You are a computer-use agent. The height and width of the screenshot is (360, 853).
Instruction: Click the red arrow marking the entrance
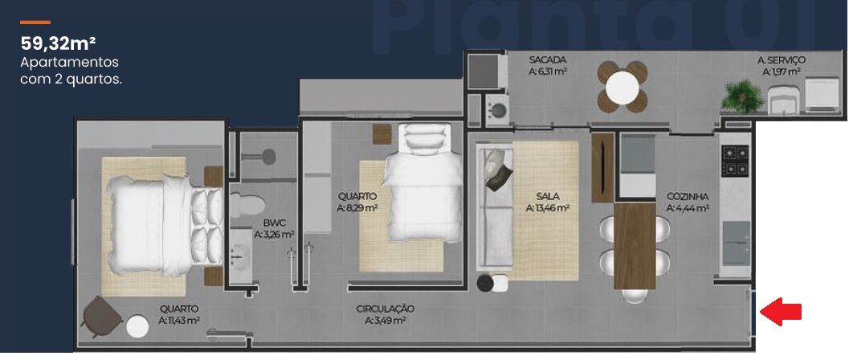[781, 312]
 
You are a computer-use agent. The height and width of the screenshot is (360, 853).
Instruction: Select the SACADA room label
[548, 60]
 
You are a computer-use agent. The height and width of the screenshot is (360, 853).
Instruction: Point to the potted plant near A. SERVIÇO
[741, 96]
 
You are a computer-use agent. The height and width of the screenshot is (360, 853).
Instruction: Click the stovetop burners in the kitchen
[735, 160]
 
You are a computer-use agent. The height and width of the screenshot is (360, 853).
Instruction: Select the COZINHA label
[687, 196]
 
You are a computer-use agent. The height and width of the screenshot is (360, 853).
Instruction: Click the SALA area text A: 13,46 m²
[548, 207]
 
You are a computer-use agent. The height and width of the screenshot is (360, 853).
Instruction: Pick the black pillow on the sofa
[500, 169]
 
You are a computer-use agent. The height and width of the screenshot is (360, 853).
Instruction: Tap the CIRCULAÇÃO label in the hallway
[385, 308]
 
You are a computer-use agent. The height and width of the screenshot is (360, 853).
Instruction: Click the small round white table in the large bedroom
[137, 325]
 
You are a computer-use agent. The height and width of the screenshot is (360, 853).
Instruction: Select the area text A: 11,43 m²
[178, 321]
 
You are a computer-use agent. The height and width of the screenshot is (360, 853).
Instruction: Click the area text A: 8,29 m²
[357, 207]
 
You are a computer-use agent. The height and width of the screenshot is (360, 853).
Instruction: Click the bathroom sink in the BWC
[239, 257]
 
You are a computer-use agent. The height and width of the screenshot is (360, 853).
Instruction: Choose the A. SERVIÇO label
[781, 60]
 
